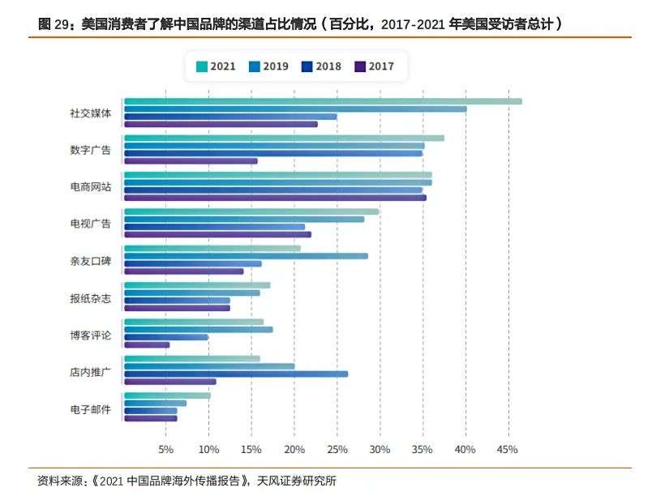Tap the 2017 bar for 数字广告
(x=191, y=160)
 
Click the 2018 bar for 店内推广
(x=236, y=374)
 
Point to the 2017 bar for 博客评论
(x=147, y=344)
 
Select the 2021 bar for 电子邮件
(x=167, y=395)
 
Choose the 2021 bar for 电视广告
(x=251, y=212)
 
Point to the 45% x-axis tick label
(x=508, y=450)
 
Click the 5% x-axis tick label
(x=165, y=450)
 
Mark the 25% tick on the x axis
(x=337, y=450)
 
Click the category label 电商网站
(x=90, y=187)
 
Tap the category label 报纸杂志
(x=90, y=298)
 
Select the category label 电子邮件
(x=90, y=409)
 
